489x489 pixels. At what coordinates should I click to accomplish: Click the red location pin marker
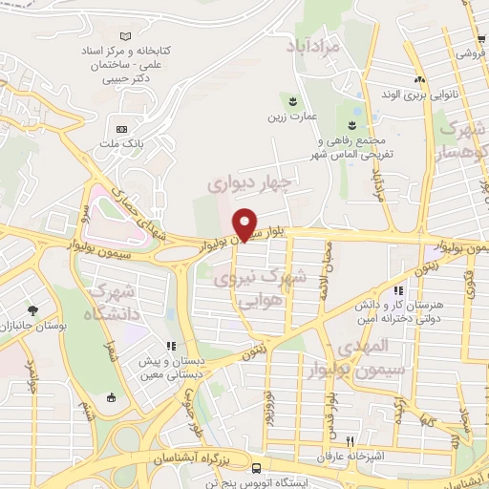pyautogui.click(x=245, y=223)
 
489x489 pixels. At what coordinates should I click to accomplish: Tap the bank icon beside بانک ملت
pyautogui.click(x=121, y=129)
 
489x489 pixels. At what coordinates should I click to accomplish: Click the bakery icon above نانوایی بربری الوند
pyautogui.click(x=418, y=79)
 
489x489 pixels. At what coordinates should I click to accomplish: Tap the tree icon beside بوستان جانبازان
pyautogui.click(x=33, y=310)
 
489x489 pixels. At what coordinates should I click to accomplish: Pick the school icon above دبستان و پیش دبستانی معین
pyautogui.click(x=171, y=346)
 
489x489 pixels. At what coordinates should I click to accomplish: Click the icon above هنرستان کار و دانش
pyautogui.click(x=398, y=290)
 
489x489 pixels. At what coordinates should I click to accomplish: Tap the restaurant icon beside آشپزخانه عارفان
pyautogui.click(x=351, y=440)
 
